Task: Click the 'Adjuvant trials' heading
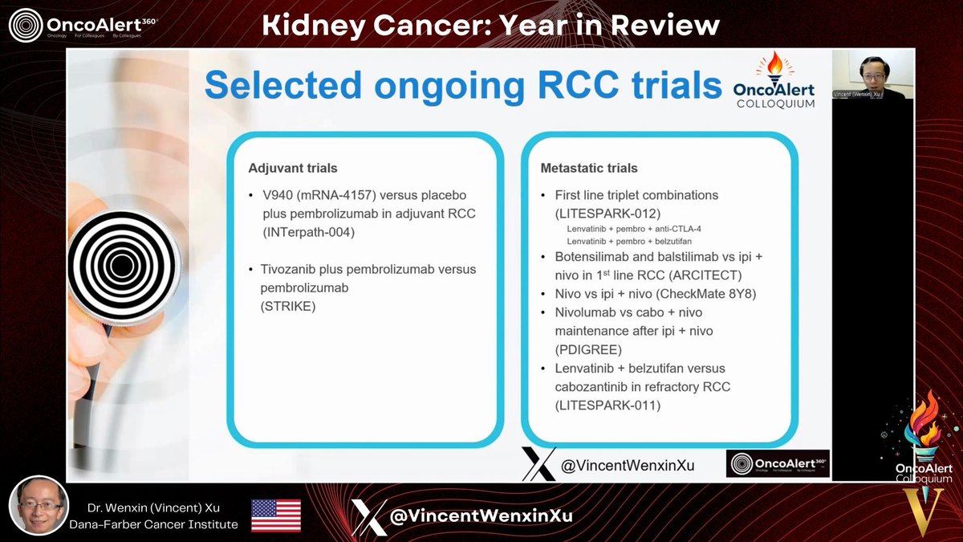point(293,169)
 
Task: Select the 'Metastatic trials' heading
point(590,169)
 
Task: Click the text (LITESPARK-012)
point(607,213)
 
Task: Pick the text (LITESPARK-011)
point(607,405)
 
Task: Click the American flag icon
point(276,516)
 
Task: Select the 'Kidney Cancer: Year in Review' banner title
point(491,25)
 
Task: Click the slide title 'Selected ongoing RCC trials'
point(463,85)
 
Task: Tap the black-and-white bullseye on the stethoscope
point(122,267)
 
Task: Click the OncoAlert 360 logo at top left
point(83,25)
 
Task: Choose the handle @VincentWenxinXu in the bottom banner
point(481,516)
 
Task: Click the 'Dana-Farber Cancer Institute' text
point(162,524)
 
